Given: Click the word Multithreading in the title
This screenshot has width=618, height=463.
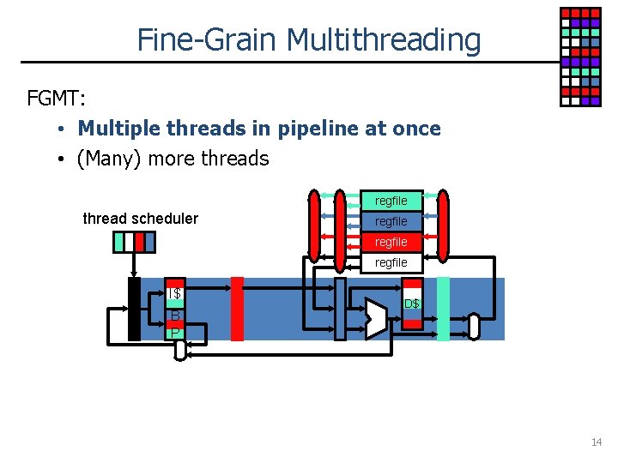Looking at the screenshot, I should coord(384,40).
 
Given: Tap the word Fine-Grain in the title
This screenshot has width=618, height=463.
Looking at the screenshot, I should coord(208,40).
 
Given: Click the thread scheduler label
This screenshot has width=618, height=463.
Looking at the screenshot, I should coord(140,219).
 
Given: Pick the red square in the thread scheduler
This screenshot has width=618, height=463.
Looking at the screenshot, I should coord(140,243).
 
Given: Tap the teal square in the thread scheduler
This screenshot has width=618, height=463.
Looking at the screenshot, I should coord(119,243).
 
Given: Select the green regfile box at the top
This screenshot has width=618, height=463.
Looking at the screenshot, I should coord(391,201).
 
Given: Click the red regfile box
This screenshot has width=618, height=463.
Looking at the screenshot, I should coord(391,242).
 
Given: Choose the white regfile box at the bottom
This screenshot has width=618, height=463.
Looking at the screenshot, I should coord(391,262).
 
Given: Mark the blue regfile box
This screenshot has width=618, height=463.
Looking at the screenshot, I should coord(391,221).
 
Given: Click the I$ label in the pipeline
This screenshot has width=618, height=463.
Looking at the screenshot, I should coord(174,294).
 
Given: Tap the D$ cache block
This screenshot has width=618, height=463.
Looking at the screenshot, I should coord(413,304).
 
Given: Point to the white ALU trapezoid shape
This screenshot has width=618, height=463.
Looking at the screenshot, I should coord(376,317).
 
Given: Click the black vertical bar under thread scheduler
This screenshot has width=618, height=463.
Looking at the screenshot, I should coord(134,309).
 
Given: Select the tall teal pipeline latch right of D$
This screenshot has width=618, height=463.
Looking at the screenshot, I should coord(443,309).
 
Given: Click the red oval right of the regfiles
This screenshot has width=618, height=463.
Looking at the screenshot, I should coord(443,225).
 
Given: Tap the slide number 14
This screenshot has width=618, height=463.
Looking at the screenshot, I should coord(597,442).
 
